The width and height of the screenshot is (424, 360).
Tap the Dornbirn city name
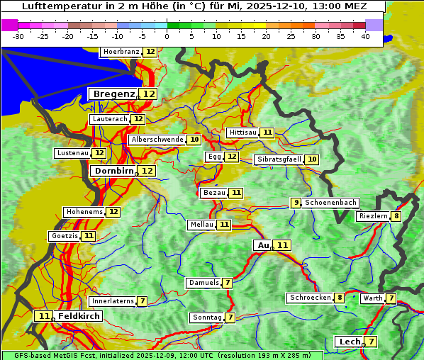tap(113, 171)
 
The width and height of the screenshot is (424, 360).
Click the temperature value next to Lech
tap(370, 342)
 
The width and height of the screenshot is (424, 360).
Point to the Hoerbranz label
tap(121, 52)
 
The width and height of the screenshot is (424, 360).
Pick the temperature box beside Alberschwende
tap(194, 140)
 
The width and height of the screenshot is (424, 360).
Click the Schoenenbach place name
tap(330, 203)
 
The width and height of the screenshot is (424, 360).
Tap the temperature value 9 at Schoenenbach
tap(296, 203)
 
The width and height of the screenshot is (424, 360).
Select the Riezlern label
tap(373, 216)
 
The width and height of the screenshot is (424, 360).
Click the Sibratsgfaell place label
tap(279, 159)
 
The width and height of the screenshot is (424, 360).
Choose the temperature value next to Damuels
tap(227, 283)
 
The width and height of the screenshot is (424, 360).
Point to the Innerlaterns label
tap(112, 301)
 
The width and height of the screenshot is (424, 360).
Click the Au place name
tap(263, 245)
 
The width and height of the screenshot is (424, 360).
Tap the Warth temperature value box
tap(391, 298)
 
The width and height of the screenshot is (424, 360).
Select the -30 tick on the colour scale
tap(18, 36)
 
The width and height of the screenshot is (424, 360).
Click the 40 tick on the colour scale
tap(364, 36)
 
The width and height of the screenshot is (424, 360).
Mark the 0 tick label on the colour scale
tap(167, 36)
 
